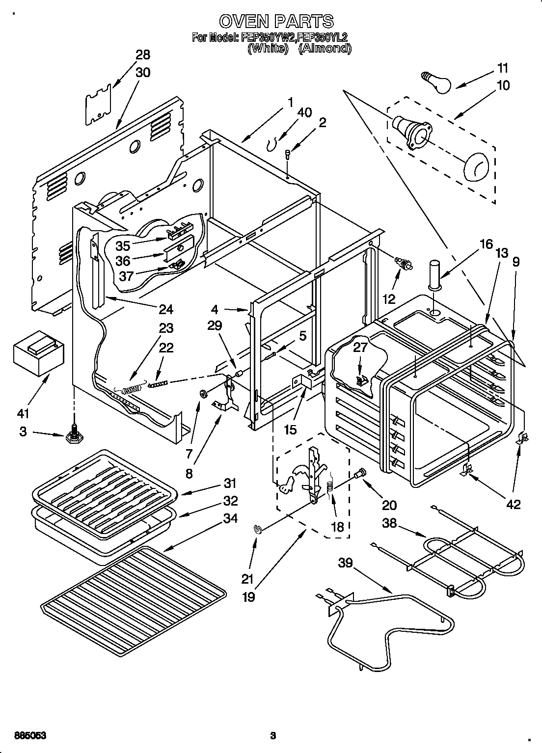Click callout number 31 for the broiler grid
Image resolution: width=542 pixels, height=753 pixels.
tap(230, 483)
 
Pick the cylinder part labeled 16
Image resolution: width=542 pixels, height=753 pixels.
tap(435, 272)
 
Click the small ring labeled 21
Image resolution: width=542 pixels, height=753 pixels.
tap(257, 528)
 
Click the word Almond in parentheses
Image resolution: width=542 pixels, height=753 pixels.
tap(325, 48)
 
